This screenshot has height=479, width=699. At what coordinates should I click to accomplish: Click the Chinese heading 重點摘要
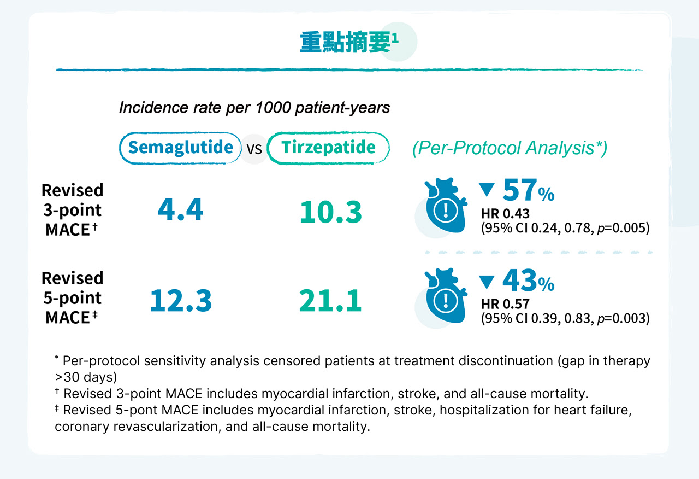[x=345, y=42]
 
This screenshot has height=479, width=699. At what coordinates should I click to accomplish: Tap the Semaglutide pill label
[x=180, y=148]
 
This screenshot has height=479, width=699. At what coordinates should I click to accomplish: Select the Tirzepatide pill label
[x=328, y=148]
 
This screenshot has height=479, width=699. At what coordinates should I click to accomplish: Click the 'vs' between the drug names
[x=254, y=149]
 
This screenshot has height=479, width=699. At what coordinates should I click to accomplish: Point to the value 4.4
[x=180, y=209]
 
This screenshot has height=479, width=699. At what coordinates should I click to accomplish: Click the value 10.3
[x=331, y=212]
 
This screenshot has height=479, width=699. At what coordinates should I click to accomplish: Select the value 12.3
[x=181, y=300]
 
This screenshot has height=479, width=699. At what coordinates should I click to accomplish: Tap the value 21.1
[x=330, y=300]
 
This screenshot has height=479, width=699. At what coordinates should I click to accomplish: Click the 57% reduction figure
[x=528, y=190]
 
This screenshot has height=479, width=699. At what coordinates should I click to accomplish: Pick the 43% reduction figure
[x=528, y=280]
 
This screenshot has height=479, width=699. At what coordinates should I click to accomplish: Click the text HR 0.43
[x=505, y=214]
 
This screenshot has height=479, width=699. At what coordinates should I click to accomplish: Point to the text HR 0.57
[x=505, y=304]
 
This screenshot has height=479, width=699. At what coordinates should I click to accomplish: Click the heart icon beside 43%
[x=446, y=296]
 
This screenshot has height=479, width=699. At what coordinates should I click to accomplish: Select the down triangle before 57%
[x=487, y=190]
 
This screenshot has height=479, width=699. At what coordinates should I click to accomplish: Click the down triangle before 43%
[x=487, y=282]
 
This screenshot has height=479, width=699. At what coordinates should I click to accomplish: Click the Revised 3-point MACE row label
[x=73, y=209]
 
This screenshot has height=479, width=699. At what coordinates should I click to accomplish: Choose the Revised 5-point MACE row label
[x=73, y=298]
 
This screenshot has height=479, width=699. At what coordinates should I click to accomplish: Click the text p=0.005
[x=621, y=228]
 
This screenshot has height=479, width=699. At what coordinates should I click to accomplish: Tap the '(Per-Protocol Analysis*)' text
[x=510, y=148]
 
